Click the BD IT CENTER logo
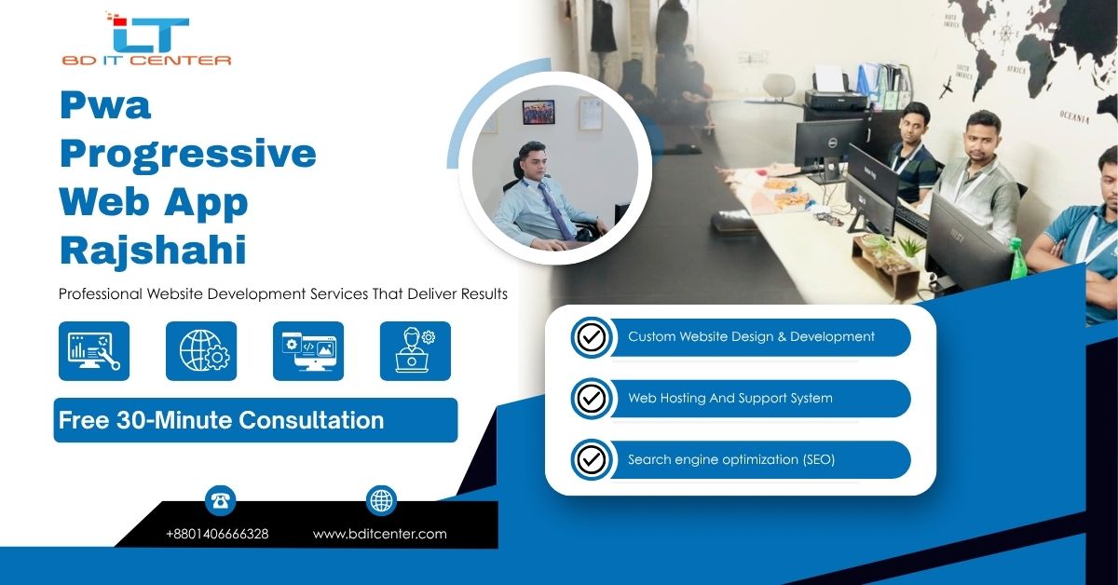(x=147, y=39)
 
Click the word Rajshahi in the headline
(x=153, y=250)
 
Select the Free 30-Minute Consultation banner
(x=255, y=420)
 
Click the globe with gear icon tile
(x=201, y=351)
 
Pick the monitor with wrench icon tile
(x=94, y=351)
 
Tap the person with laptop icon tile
(x=416, y=351)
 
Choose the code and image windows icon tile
(x=308, y=351)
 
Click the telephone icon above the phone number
(x=220, y=500)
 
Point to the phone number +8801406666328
(x=217, y=534)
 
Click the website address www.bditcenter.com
(x=380, y=534)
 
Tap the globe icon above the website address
(x=381, y=500)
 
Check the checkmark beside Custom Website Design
(x=592, y=337)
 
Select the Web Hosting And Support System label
(x=730, y=398)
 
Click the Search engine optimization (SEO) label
(x=731, y=459)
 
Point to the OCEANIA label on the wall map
(x=1074, y=117)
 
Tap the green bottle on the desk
(x=1016, y=259)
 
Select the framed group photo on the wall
(x=539, y=112)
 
